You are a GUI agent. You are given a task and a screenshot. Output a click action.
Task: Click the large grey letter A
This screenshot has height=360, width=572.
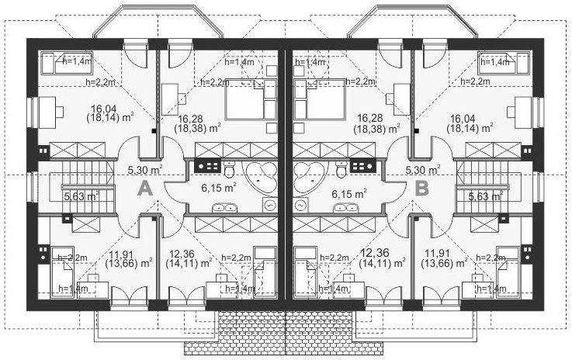(145, 189)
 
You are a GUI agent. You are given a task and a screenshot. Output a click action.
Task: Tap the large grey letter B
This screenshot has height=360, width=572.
(422, 189)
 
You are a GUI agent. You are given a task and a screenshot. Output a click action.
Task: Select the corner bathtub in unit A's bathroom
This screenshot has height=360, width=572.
(260, 178)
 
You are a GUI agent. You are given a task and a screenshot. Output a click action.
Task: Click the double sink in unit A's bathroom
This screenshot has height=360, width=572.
(225, 208)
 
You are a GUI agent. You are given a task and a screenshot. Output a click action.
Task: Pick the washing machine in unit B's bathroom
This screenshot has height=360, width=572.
(300, 206)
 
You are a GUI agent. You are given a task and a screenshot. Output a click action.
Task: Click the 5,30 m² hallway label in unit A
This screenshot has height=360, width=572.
(145, 170)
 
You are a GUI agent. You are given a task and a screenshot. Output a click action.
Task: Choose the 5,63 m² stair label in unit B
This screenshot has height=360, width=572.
(486, 196)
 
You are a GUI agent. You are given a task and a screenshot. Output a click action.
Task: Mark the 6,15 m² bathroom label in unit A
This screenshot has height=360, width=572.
(219, 188)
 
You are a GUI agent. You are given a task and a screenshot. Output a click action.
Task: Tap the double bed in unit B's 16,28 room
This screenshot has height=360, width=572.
(319, 99)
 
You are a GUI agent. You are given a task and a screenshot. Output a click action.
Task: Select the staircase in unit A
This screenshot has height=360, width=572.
(88, 187)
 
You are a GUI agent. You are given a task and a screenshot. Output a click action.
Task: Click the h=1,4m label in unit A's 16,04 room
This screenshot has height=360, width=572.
(77, 61)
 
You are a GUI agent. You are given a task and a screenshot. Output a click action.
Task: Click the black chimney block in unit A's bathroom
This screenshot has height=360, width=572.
(207, 166)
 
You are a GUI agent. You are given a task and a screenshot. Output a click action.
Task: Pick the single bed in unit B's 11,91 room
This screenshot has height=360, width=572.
(508, 272)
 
